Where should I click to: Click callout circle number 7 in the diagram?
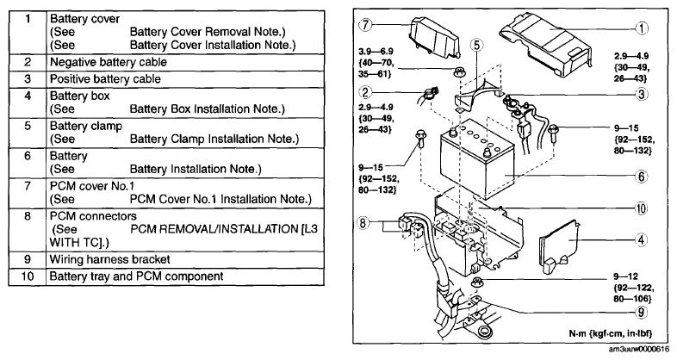click(365, 24)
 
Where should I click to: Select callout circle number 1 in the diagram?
click(642, 28)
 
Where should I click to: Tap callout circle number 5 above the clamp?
click(476, 45)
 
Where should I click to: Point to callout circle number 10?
click(641, 208)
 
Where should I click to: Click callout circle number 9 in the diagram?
click(642, 312)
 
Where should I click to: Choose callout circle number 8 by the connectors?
click(363, 223)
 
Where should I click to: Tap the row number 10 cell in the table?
click(28, 276)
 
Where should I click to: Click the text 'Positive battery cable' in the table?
click(105, 79)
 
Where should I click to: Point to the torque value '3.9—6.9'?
click(376, 52)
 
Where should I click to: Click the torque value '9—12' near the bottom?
click(625, 276)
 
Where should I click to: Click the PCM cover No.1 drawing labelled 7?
click(435, 37)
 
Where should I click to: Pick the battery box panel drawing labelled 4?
click(560, 245)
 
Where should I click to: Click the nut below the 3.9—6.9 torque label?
click(458, 72)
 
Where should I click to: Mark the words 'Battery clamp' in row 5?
click(86, 126)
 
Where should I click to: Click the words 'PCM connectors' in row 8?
click(93, 216)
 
